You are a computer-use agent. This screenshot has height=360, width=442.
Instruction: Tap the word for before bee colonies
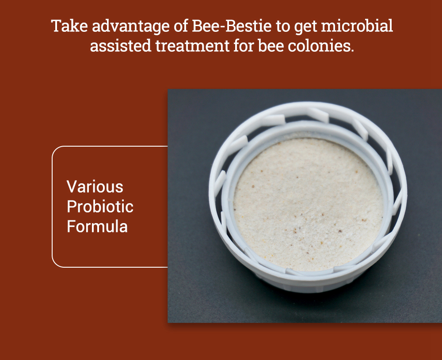click(x=257, y=45)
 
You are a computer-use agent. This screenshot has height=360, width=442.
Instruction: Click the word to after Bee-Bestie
click(x=282, y=27)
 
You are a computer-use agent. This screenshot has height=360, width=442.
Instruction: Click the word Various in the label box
click(x=95, y=186)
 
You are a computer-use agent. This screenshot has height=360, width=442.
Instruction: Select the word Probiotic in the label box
click(x=100, y=207)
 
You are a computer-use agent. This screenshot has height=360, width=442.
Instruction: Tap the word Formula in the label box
click(x=97, y=227)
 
